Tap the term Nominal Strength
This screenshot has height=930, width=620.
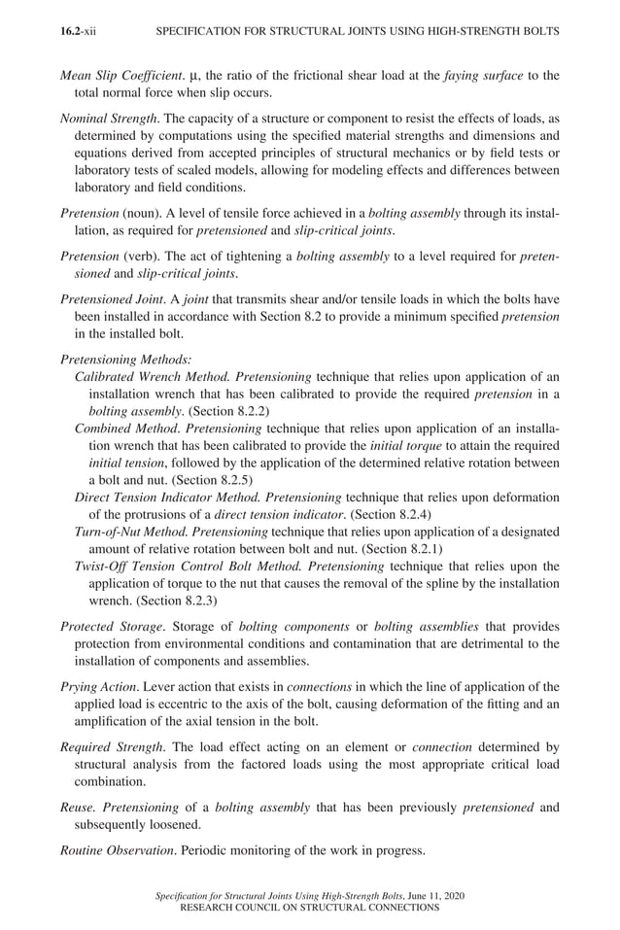104,119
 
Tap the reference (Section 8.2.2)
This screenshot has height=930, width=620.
213,411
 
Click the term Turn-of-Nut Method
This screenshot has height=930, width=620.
131,533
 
